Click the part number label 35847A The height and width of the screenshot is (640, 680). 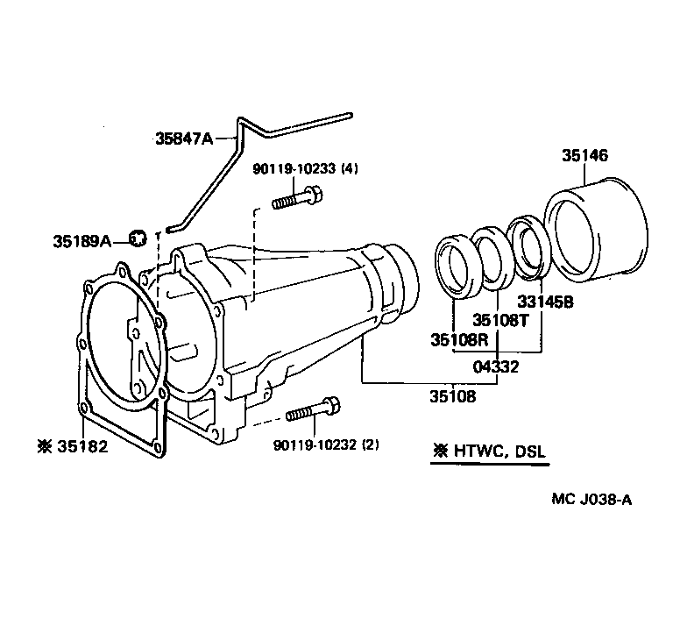tap(184, 139)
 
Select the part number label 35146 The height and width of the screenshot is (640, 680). tap(584, 156)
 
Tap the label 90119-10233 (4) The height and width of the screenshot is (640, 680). tap(297, 169)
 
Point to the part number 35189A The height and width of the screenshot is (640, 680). tap(81, 239)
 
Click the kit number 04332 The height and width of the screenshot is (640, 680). tap(497, 366)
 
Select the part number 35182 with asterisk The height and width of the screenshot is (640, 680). tap(72, 446)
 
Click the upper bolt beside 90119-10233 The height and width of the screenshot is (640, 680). tap(293, 200)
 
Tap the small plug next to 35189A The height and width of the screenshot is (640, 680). tap(137, 237)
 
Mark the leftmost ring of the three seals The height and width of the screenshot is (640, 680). tap(457, 261)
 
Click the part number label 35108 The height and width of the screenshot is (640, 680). tap(452, 396)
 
